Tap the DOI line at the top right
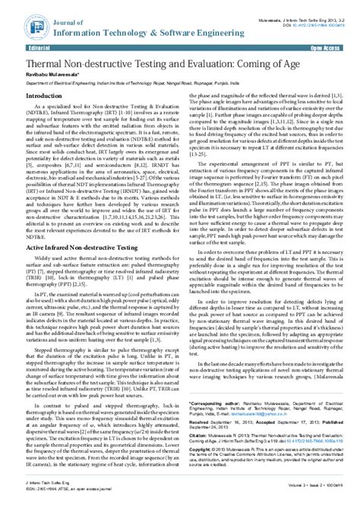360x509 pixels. coord(309,13)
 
